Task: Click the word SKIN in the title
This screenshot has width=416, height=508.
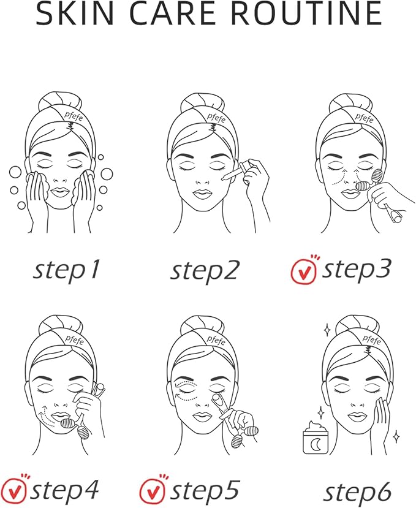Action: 75,13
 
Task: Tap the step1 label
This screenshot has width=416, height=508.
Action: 66,271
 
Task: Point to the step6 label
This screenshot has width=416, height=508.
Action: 357,493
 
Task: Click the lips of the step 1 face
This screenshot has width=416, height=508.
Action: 61,192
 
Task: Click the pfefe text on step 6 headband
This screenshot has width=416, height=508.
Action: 372,339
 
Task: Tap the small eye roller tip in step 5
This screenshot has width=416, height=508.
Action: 217,398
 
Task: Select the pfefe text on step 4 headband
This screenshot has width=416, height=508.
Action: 75,340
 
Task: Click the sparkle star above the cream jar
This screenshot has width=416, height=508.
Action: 321,412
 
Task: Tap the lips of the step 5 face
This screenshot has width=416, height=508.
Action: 203,417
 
